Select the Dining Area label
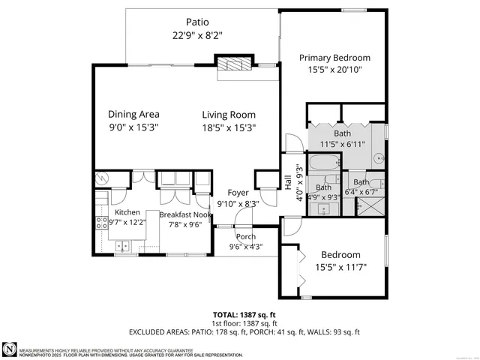point(133,115)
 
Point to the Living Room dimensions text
point(229,127)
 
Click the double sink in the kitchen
point(123,245)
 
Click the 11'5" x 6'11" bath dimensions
point(347,145)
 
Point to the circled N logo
point(9,349)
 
